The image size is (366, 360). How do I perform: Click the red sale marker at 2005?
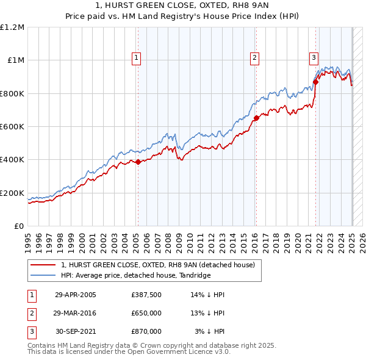click(x=138, y=162)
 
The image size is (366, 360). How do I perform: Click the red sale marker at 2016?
click(x=256, y=118)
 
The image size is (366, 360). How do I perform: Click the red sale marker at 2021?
click(x=315, y=82)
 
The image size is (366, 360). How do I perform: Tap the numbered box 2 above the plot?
click(x=254, y=59)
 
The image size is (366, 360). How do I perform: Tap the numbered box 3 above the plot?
click(x=314, y=59)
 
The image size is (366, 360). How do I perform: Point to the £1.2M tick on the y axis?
click(x=12, y=27)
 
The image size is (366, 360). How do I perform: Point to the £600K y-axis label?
click(x=12, y=127)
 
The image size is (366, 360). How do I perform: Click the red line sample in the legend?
click(x=43, y=265)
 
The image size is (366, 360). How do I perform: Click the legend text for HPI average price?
click(x=135, y=276)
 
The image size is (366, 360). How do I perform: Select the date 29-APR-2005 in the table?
click(x=76, y=295)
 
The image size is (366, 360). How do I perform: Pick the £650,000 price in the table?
click(x=146, y=313)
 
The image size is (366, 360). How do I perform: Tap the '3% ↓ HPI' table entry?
click(x=210, y=331)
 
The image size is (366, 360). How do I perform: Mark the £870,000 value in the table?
click(x=146, y=331)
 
